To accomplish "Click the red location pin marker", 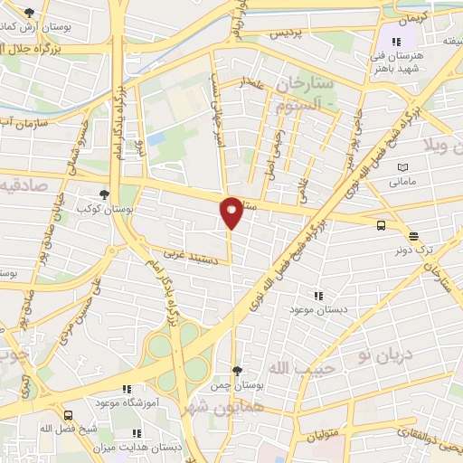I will pos(231,212).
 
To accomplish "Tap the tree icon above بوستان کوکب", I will pos(106,194).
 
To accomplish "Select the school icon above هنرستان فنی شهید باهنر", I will pos(394,41).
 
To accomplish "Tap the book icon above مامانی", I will pos(402,168).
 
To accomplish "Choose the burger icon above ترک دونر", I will pos(413,236).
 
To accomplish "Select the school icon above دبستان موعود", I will pos(317,295).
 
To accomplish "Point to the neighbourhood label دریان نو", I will pos(384,354).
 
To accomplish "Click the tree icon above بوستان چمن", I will pos(237,371).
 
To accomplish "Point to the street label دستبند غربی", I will pos(189,255).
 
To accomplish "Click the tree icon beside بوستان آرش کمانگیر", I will pos(29,12).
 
